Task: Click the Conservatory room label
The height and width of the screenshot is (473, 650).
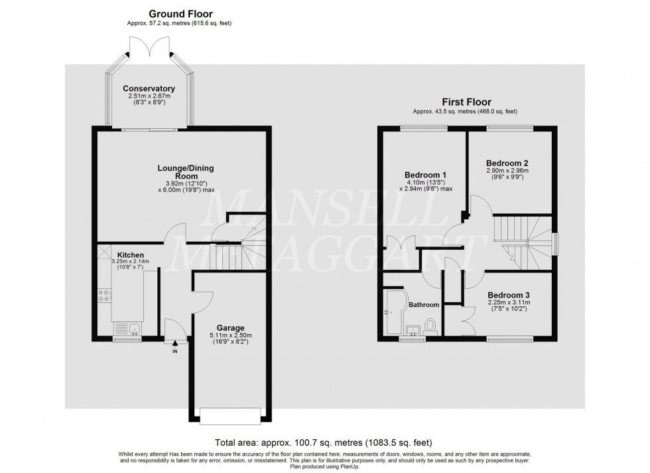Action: [149, 88]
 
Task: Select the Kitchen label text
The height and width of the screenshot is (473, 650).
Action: [131, 254]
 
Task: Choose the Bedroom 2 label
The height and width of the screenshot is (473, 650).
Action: [507, 163]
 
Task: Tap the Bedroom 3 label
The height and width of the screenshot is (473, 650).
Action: [508, 294]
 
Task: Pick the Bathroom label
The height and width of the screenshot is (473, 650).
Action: [423, 305]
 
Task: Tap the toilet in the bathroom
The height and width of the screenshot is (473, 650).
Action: [431, 326]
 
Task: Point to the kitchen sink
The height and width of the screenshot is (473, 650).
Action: [127, 328]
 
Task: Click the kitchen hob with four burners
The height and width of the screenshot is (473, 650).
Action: [104, 295]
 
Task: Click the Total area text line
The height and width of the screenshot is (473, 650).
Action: [324, 442]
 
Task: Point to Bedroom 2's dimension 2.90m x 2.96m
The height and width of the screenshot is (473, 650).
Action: [507, 171]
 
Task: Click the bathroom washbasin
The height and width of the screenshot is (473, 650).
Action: [411, 329]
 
